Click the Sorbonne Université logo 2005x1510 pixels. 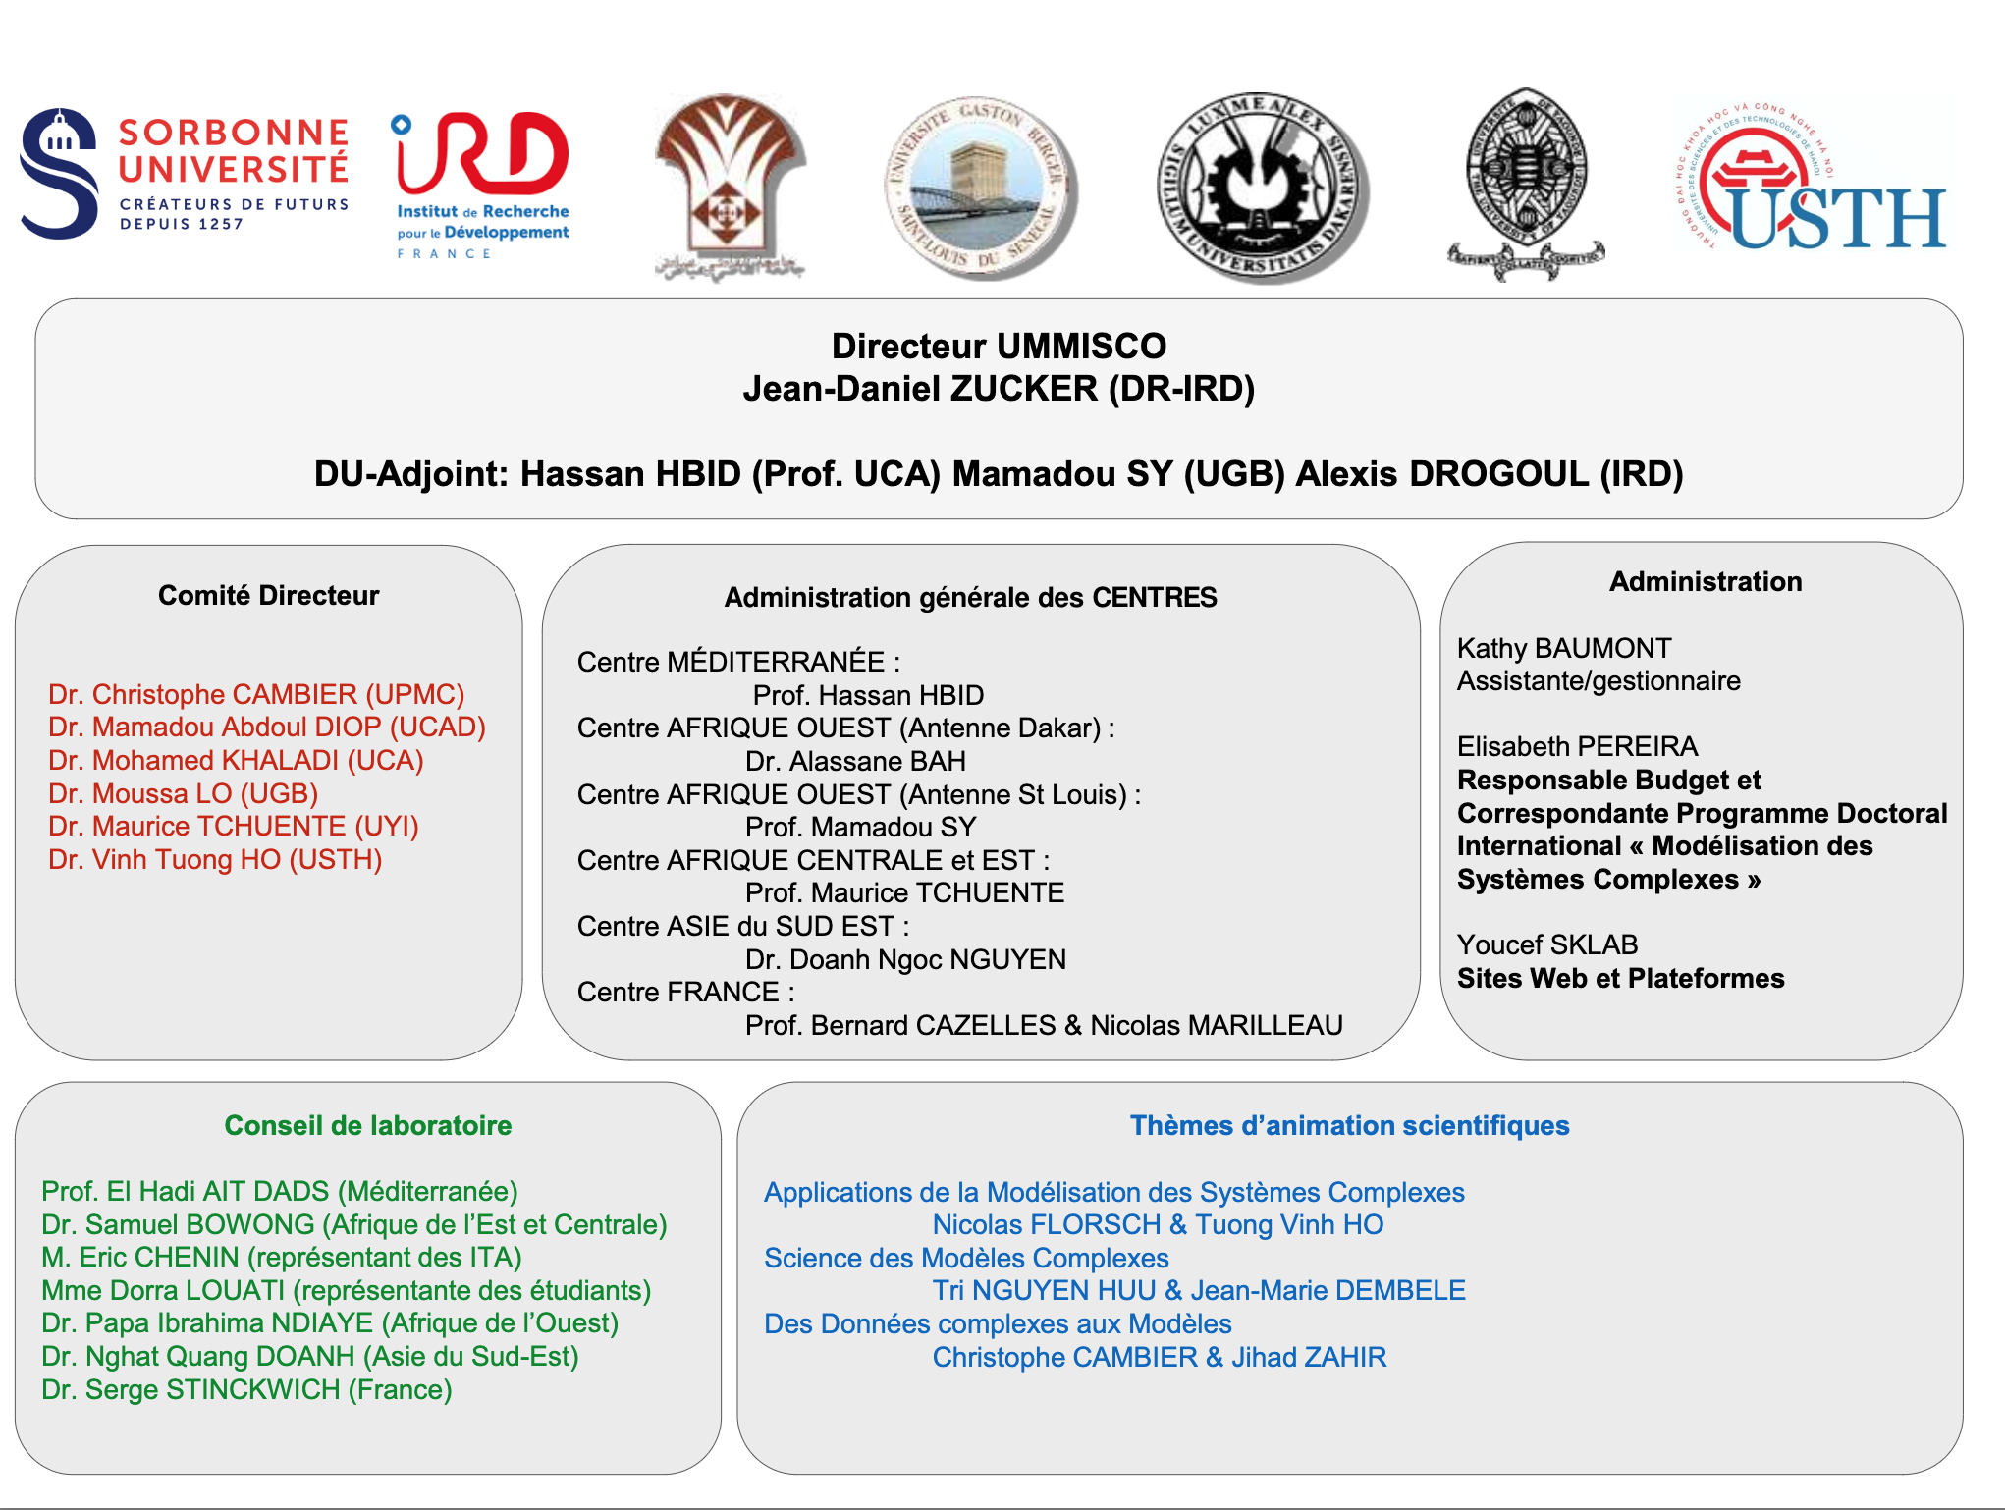[x=185, y=175]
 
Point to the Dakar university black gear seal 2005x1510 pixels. [x=1261, y=187]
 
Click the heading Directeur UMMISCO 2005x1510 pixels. [x=999, y=346]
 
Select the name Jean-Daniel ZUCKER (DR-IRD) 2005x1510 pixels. [x=999, y=389]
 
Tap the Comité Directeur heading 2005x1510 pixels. [x=268, y=595]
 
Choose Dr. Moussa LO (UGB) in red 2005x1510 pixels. [x=184, y=793]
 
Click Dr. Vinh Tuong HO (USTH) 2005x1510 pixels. [x=215, y=859]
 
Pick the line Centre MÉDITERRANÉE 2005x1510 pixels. [x=738, y=662]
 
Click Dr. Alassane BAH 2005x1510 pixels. [x=855, y=761]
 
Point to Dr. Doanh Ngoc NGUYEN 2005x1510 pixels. [x=905, y=959]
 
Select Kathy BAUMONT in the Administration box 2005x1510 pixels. [x=1564, y=648]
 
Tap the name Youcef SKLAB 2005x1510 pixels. [x=1547, y=944]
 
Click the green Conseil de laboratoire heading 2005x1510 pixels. [x=368, y=1125]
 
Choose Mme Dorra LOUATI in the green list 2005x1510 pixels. [x=347, y=1290]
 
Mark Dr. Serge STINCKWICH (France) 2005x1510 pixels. [x=246, y=1389]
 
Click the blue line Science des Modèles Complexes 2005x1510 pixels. [x=966, y=1258]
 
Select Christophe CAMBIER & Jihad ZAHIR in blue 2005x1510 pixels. [x=1159, y=1357]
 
